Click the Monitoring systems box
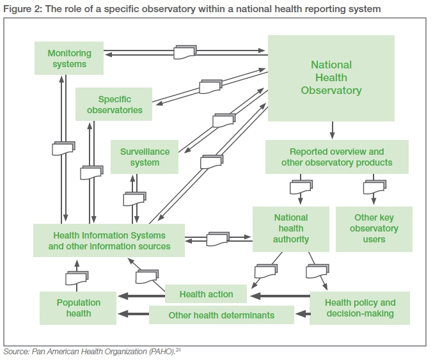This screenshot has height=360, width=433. point(69,58)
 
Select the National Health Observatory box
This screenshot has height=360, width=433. point(331,78)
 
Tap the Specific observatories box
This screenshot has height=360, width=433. point(114,104)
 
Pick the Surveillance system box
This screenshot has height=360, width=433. point(145,157)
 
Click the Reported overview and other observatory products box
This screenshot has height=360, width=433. point(336,157)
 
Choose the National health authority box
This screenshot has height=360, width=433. point(290,229)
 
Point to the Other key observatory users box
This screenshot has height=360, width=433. point(374,229)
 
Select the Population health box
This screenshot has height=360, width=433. point(78,308)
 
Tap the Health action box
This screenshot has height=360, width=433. point(206,294)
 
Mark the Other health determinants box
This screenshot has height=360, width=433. point(221,315)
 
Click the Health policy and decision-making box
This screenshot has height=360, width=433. point(359,308)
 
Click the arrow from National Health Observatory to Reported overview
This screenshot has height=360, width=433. point(332,132)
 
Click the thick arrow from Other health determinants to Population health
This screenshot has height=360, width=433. point(134,314)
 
